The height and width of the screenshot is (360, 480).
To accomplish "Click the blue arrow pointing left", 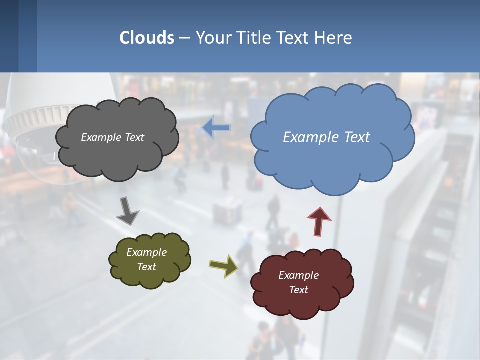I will [x=216, y=128].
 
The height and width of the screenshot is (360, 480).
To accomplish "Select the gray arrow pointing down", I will [x=127, y=211].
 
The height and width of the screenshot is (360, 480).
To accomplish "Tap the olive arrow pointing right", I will [x=224, y=265].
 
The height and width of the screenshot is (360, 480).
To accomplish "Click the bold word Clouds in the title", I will [x=147, y=38].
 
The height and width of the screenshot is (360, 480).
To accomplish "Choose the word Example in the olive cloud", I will [x=146, y=252].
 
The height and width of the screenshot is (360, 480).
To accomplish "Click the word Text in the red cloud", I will [x=298, y=290].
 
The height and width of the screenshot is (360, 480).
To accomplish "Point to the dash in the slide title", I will [x=184, y=38].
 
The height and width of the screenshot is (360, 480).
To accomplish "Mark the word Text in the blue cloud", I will [x=356, y=137].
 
